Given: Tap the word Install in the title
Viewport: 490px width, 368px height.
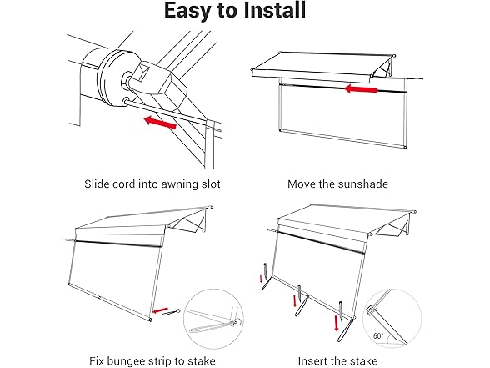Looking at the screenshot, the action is click(x=274, y=10).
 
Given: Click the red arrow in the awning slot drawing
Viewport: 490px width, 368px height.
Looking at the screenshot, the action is click(x=160, y=123).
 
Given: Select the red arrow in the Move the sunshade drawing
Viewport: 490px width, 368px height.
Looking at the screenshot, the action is click(x=361, y=89).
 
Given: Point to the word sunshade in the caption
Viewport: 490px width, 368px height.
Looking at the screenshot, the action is click(x=363, y=184).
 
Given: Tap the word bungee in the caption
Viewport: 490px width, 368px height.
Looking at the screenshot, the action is click(x=127, y=361).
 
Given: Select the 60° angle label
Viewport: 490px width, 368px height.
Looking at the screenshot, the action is click(x=378, y=336).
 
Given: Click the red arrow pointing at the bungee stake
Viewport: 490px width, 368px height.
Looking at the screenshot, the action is click(x=161, y=310).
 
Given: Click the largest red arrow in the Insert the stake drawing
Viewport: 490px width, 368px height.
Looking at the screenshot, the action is click(x=337, y=323).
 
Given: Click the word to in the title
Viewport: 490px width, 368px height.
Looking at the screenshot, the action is click(x=227, y=11).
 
